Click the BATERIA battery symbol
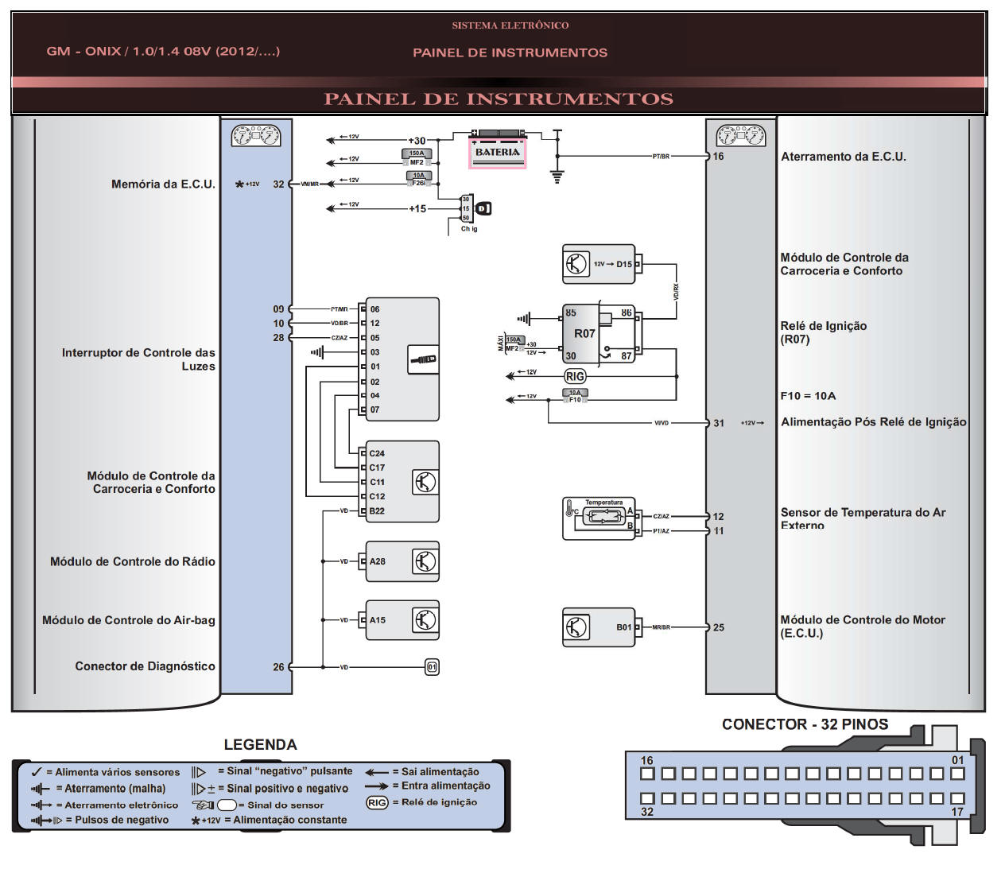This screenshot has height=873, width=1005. pyautogui.click(x=497, y=151)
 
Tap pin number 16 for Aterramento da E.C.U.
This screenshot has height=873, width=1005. pyautogui.click(x=718, y=157)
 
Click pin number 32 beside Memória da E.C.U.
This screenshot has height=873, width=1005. pyautogui.click(x=278, y=184)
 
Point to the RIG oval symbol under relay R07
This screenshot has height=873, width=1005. pyautogui.click(x=575, y=376)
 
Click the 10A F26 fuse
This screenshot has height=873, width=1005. pyautogui.click(x=418, y=180)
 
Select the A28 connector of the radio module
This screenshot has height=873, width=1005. pyautogui.click(x=377, y=561)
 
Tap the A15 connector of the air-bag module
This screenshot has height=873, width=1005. pyautogui.click(x=377, y=620)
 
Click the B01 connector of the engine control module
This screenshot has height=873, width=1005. pyautogui.click(x=624, y=627)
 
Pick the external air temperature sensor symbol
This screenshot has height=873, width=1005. pyautogui.click(x=603, y=516)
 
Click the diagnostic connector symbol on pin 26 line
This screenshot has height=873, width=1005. pyautogui.click(x=432, y=667)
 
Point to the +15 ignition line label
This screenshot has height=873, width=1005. pyautogui.click(x=417, y=209)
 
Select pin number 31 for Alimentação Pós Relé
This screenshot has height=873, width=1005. pyautogui.click(x=719, y=424)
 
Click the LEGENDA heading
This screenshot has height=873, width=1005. pyautogui.click(x=260, y=745)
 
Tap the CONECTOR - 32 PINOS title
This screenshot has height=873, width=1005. pyautogui.click(x=805, y=724)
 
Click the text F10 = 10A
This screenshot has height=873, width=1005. pyautogui.click(x=808, y=396)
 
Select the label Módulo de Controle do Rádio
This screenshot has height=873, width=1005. pyautogui.click(x=133, y=562)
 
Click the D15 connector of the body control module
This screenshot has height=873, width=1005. pyautogui.click(x=624, y=265)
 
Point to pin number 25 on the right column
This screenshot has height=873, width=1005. pyautogui.click(x=719, y=628)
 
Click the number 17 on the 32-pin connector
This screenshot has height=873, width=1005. pyautogui.click(x=957, y=812)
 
